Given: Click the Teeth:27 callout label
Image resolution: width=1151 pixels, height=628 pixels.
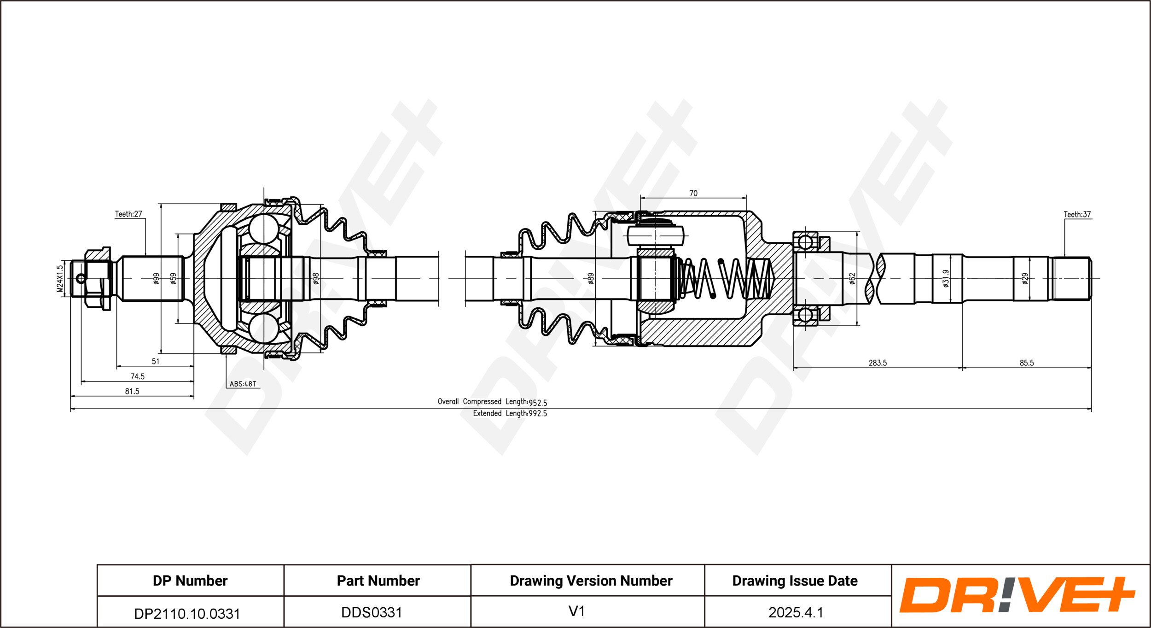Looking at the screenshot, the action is [128, 214].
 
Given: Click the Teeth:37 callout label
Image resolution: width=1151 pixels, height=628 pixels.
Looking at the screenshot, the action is [1077, 214].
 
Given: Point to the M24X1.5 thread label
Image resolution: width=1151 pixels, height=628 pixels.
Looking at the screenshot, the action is [60, 278].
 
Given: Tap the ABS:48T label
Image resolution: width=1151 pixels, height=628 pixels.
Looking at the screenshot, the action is [243, 384].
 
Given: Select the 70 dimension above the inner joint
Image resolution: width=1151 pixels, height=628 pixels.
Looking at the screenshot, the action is [693, 194].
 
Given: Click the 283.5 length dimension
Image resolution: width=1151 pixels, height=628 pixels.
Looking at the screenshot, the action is [878, 363].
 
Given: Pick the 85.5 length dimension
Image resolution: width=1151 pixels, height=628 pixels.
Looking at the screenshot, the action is [1027, 363].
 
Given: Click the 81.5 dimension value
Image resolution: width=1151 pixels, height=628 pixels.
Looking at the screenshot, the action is [132, 391].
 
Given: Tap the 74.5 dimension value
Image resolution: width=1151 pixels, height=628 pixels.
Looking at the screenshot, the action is [137, 376].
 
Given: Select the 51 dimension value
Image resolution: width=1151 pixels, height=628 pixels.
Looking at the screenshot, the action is [156, 361].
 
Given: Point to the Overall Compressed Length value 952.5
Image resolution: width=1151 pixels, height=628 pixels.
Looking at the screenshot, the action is [538, 403].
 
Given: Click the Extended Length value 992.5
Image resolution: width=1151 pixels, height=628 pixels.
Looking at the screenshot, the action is [538, 414].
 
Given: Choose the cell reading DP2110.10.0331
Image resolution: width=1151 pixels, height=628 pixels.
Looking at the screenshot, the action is [187, 614].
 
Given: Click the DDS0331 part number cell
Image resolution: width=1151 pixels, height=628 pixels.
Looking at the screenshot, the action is [372, 612].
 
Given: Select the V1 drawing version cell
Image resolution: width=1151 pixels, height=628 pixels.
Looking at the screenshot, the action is [576, 611].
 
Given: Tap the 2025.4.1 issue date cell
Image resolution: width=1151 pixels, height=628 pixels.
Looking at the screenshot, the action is [796, 612].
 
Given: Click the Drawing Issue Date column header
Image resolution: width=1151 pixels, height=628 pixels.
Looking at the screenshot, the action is [795, 581].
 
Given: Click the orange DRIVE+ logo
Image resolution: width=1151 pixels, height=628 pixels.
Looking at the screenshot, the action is [1017, 595].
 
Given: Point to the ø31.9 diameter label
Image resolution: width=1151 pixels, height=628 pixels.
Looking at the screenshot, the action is [946, 278].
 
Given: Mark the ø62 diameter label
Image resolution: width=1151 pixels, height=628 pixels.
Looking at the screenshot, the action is [852, 278].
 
